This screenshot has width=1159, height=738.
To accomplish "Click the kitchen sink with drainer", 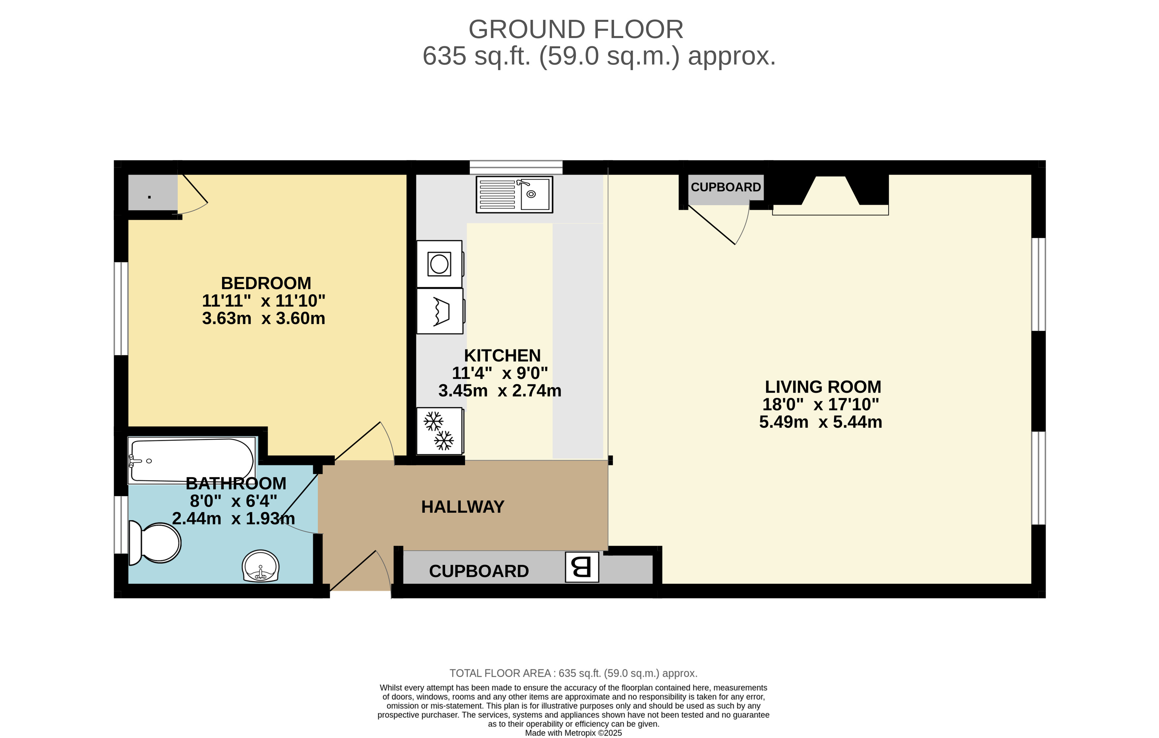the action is [514, 195].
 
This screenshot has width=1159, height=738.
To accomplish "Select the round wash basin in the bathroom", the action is [260, 566].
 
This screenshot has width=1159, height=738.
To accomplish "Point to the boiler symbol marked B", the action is [582, 567].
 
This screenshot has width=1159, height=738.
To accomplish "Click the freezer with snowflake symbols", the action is [440, 431].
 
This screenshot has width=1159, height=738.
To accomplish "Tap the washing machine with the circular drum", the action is [440, 264].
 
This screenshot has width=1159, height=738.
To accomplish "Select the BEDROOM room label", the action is [266, 283].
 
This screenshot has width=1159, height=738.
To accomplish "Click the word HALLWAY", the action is [463, 507].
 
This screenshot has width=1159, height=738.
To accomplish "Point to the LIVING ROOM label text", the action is [823, 387].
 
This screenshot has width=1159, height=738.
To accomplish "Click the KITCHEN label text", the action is [502, 356].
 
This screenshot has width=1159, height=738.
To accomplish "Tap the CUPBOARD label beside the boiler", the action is [479, 571].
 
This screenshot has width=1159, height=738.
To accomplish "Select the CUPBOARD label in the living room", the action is [726, 187].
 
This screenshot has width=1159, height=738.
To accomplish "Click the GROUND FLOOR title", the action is [576, 29].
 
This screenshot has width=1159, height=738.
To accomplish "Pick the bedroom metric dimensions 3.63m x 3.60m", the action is [264, 319].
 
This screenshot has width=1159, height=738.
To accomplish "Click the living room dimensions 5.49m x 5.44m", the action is [821, 422].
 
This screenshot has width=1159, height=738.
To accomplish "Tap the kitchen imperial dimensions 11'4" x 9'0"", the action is [500, 373].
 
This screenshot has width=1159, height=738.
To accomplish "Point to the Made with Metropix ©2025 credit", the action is [573, 733].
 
